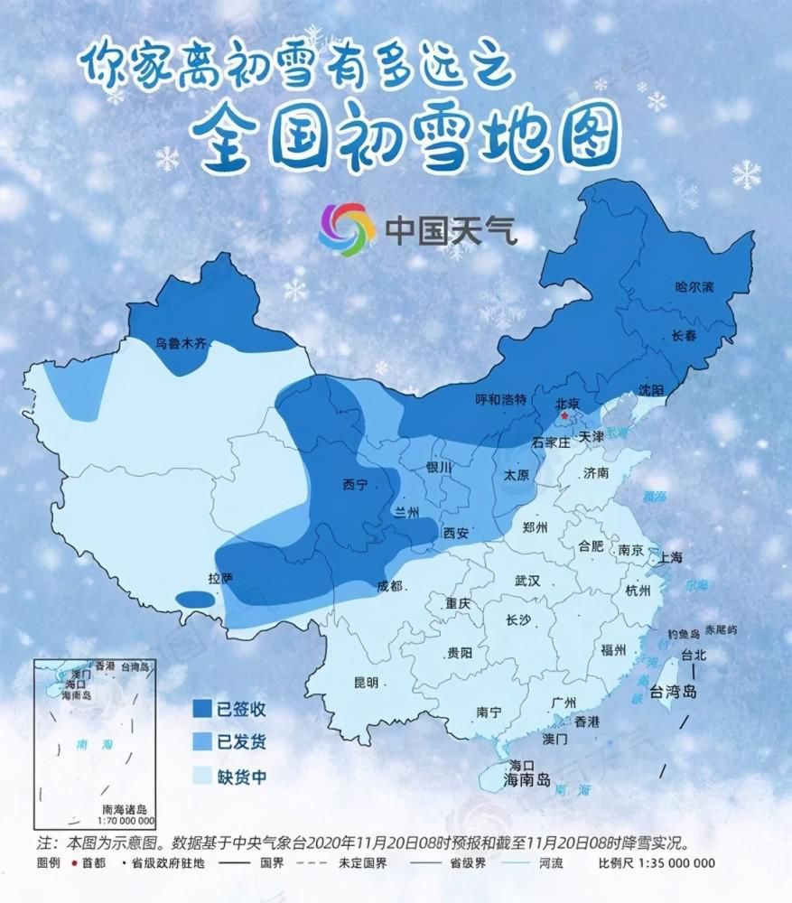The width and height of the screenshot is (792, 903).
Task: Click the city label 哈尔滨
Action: [x=694, y=288]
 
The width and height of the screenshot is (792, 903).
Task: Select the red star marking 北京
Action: [x=566, y=416]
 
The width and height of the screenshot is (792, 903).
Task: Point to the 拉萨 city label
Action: [x=220, y=578]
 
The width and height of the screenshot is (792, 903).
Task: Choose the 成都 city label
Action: [x=390, y=586]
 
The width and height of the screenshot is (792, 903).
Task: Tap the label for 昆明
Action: [x=366, y=683]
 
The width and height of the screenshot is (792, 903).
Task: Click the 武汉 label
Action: [x=526, y=581]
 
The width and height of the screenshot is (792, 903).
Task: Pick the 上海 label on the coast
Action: [x=672, y=557]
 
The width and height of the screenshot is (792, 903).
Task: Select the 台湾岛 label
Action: [x=674, y=694]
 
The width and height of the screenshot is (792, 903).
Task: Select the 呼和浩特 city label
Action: [x=501, y=400]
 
